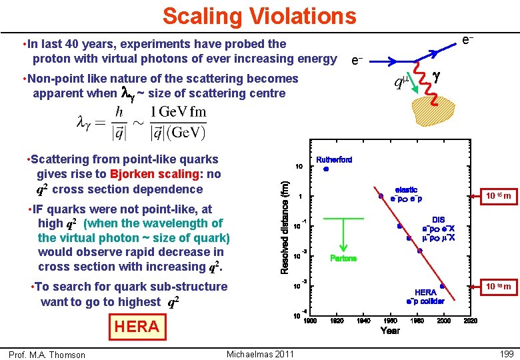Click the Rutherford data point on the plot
(325, 169)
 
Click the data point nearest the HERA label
(442, 286)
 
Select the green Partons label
(343, 258)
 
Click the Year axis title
(390, 331)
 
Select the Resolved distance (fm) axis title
(285, 227)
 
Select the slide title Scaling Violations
(259, 15)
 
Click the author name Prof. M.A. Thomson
(47, 354)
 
